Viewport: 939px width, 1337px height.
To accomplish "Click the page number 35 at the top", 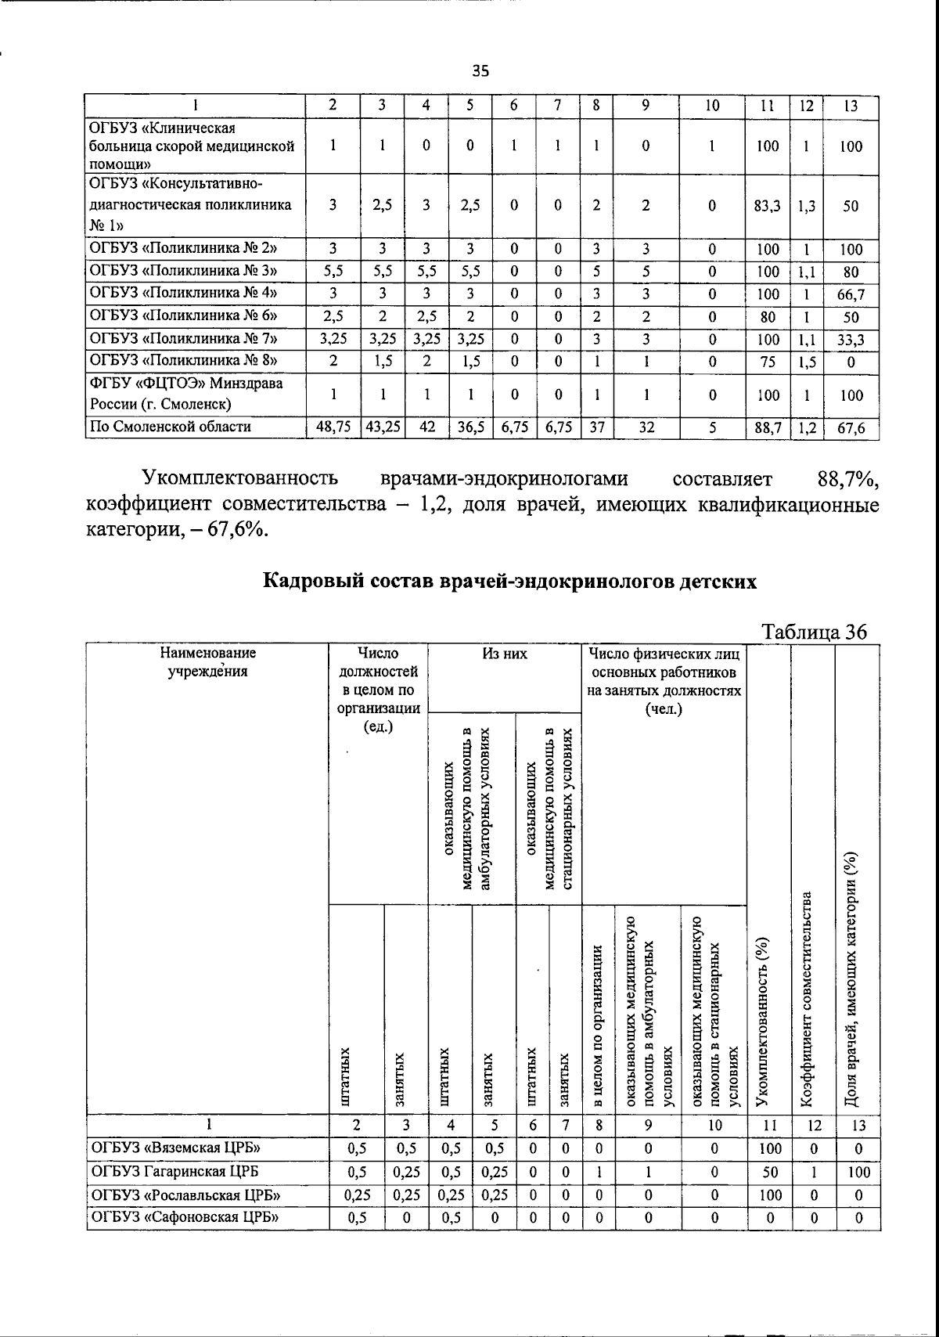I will (480, 71).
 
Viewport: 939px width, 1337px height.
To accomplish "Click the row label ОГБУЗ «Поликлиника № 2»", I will (185, 250).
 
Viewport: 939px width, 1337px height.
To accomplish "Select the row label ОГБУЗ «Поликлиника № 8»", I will (185, 361).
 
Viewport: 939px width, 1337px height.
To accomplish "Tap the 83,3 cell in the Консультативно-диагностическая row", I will (768, 206).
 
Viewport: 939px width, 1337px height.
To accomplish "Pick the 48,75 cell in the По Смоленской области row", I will (333, 427).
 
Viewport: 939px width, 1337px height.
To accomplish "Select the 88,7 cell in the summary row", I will (768, 427).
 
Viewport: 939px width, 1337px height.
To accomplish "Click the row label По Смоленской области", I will (171, 427).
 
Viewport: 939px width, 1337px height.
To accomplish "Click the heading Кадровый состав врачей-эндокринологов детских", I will (509, 582).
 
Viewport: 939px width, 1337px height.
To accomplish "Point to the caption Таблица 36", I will (815, 632).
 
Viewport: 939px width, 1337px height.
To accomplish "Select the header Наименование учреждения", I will (207, 662).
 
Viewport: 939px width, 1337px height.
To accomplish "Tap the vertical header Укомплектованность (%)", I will (769, 1021).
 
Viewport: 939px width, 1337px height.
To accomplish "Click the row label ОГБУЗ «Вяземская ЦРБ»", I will (176, 1148).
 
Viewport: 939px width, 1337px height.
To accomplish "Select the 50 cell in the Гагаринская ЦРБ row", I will (770, 1172).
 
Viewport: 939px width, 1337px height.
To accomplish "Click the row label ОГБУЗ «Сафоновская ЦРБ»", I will (186, 1217).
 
